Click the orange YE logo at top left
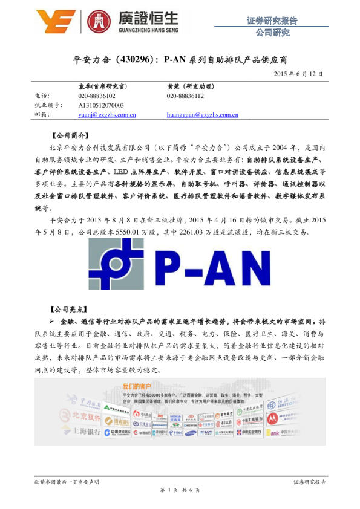click(56, 22)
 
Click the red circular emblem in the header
click(99, 22)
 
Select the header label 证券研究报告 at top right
click(272, 21)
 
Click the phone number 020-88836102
click(97, 96)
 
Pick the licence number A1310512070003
click(101, 105)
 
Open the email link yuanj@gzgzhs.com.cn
click(106, 114)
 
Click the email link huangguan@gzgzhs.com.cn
click(202, 114)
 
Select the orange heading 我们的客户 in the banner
click(136, 386)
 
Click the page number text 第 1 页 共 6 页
click(180, 490)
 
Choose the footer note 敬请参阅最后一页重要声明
click(67, 481)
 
